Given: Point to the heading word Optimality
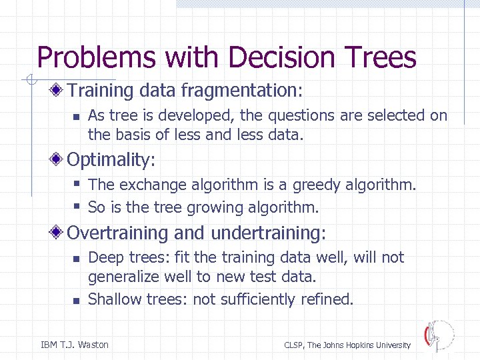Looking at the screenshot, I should tap(109, 160).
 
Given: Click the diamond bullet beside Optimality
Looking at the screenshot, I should tap(59, 160).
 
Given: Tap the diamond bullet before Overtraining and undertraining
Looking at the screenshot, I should tap(59, 233).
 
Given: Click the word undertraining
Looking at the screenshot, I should tap(266, 233).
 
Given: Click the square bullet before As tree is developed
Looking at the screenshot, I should tap(76, 116).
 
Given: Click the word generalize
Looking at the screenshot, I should tap(123, 276).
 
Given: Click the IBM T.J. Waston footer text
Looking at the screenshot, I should tap(75, 345).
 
